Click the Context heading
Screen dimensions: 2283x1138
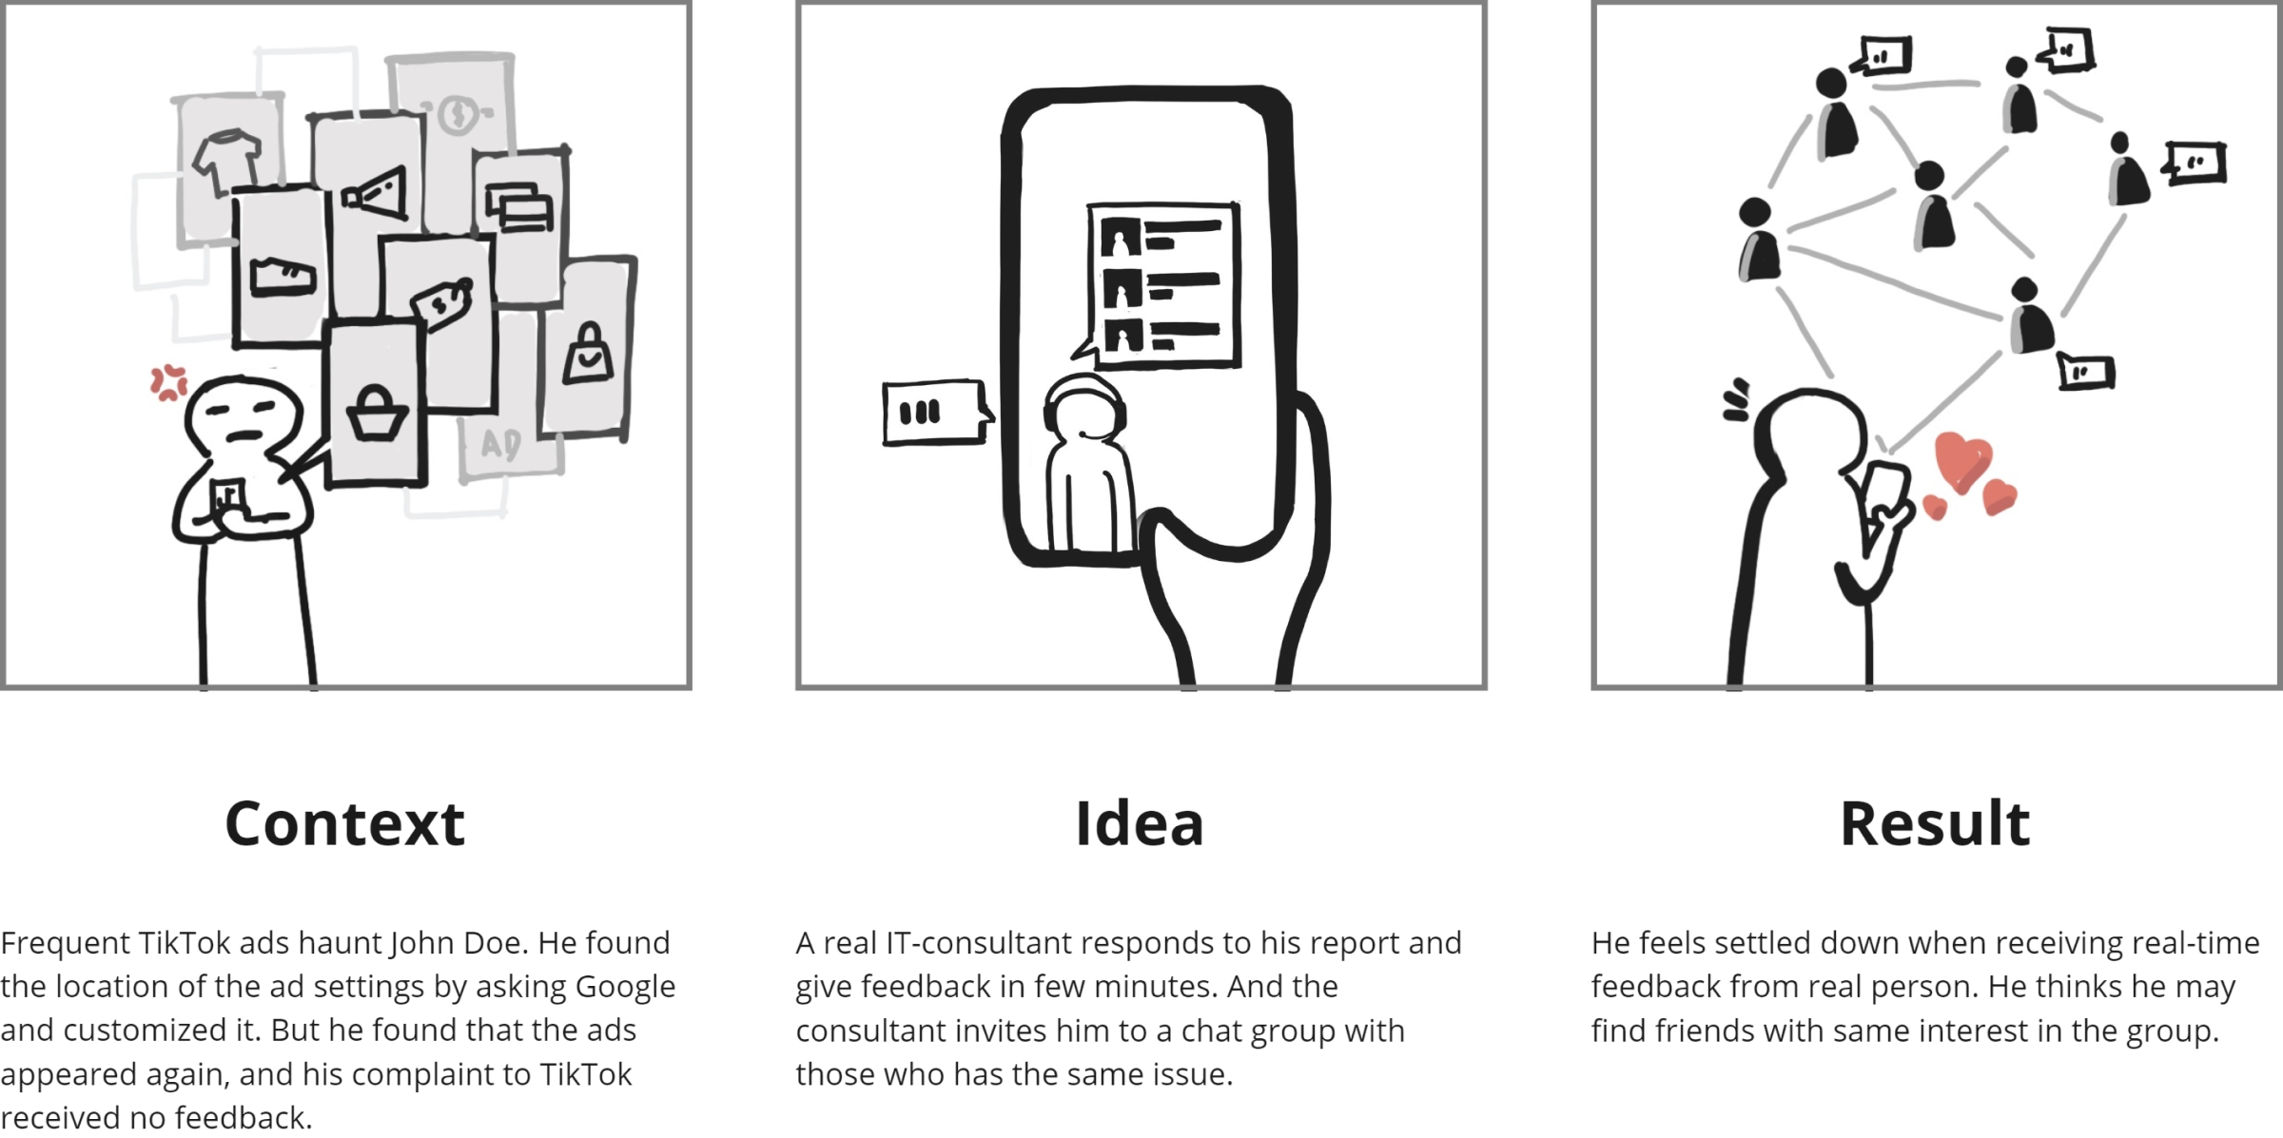point(344,823)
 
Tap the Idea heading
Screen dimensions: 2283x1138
point(1140,823)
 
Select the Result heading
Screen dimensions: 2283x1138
point(1935,823)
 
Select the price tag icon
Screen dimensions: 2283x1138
point(441,303)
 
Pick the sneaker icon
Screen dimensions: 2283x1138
point(283,277)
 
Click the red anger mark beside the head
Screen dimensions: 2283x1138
point(169,382)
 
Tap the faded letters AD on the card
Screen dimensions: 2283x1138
point(500,444)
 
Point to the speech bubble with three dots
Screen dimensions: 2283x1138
point(936,413)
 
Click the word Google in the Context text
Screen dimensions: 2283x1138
point(625,988)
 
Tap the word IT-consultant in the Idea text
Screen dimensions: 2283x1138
point(982,943)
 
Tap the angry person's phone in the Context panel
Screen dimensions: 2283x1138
point(228,496)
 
